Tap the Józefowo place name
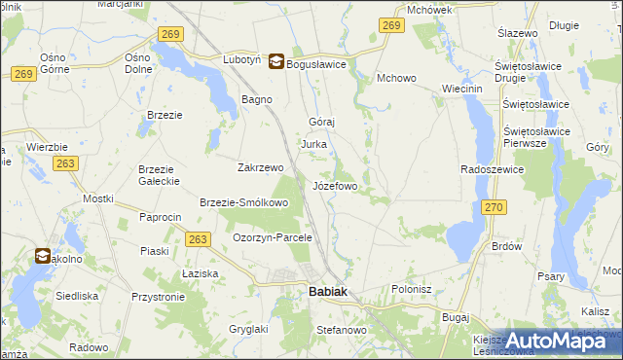coord(336,185)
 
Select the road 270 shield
coord(495,207)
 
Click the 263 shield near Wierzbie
coord(66,164)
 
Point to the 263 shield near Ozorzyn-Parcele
coord(198,239)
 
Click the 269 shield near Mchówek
coord(392,26)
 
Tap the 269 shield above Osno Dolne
coord(169,34)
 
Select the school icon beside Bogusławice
coord(276,61)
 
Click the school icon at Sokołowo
coord(43,257)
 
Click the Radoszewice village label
coord(493,169)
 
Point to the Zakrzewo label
coord(260,166)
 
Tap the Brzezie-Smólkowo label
coord(244,202)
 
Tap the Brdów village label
coord(507,247)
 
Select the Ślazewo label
coord(518,33)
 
